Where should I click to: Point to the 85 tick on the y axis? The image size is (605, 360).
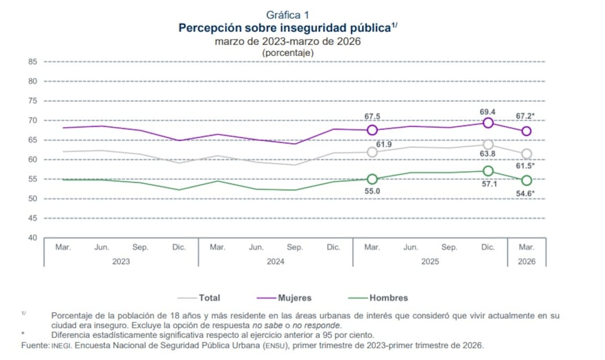(33, 62)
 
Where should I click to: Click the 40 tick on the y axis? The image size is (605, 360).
(33, 238)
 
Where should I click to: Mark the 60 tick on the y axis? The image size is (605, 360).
(33, 160)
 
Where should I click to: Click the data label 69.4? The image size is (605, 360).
(488, 111)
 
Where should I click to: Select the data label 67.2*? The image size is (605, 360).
(525, 116)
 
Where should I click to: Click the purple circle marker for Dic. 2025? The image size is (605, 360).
(488, 123)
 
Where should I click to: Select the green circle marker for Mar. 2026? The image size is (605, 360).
(527, 181)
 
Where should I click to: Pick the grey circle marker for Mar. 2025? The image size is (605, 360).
(372, 152)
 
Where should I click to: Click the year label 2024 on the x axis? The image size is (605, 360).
(275, 261)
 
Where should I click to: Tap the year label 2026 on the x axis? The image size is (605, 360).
(527, 261)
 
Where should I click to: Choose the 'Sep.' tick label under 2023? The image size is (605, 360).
(141, 247)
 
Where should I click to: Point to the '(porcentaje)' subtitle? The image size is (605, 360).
(288, 52)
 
